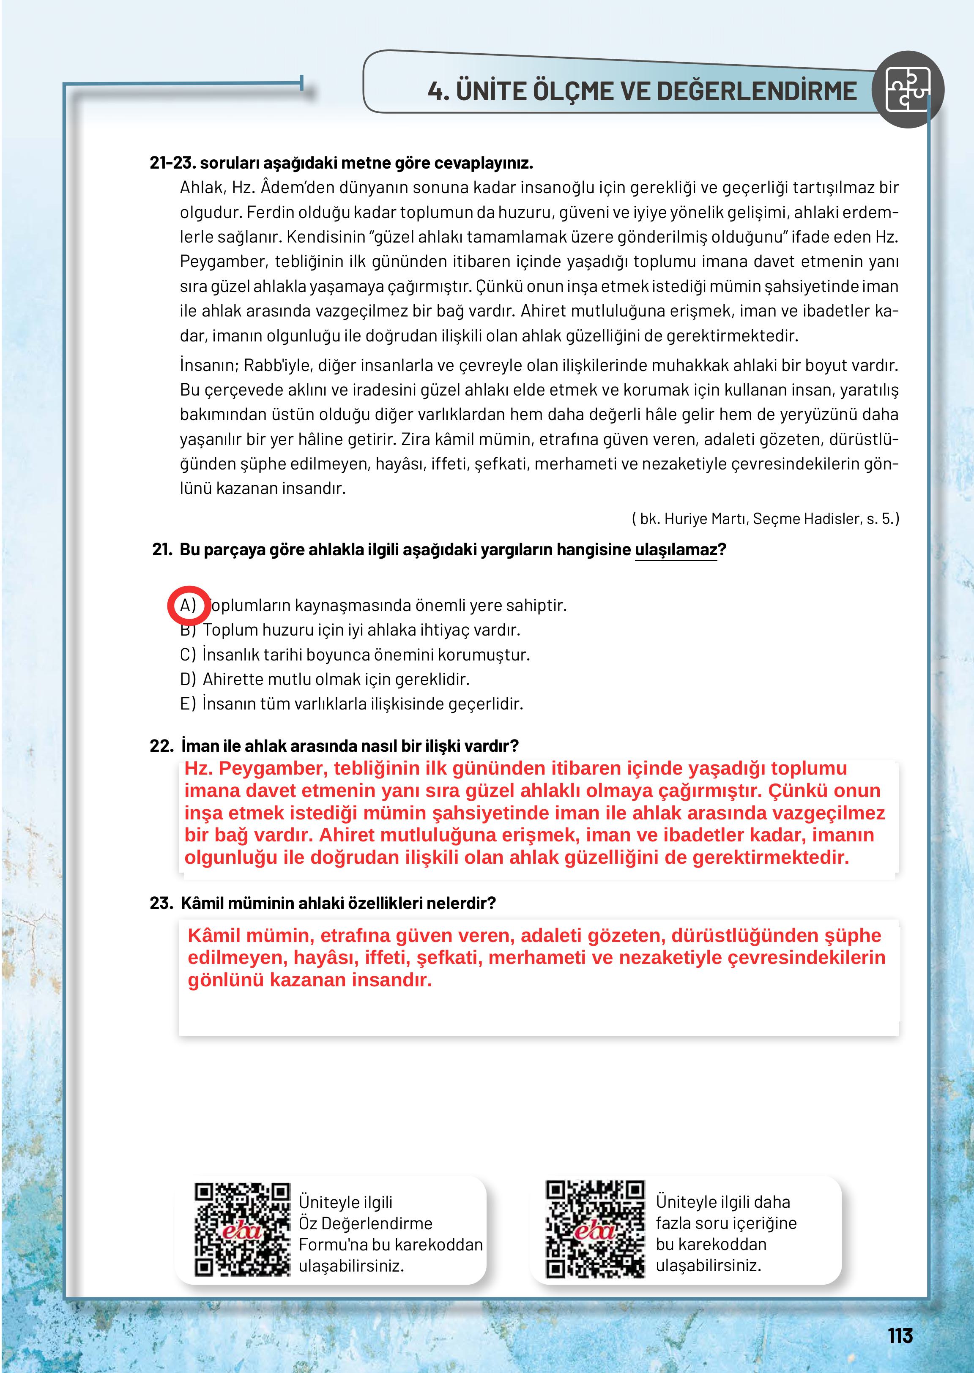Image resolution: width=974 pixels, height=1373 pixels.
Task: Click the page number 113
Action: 900,1335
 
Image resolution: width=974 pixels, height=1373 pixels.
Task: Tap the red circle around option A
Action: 188,606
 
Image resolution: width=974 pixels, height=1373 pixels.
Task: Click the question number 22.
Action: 161,746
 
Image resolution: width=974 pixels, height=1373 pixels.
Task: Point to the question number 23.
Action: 161,903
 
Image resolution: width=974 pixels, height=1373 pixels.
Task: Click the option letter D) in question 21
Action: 188,679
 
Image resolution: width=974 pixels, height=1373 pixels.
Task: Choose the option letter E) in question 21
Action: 188,704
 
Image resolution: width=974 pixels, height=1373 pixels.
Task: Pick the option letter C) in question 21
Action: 188,655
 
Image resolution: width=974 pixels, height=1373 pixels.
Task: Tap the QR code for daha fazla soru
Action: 595,1229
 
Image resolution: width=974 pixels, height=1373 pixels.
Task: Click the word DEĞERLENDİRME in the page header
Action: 757,91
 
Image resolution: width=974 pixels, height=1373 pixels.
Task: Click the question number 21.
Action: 162,550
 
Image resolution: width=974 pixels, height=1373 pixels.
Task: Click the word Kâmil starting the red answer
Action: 214,936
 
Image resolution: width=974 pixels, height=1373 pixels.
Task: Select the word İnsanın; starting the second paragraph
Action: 209,365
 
